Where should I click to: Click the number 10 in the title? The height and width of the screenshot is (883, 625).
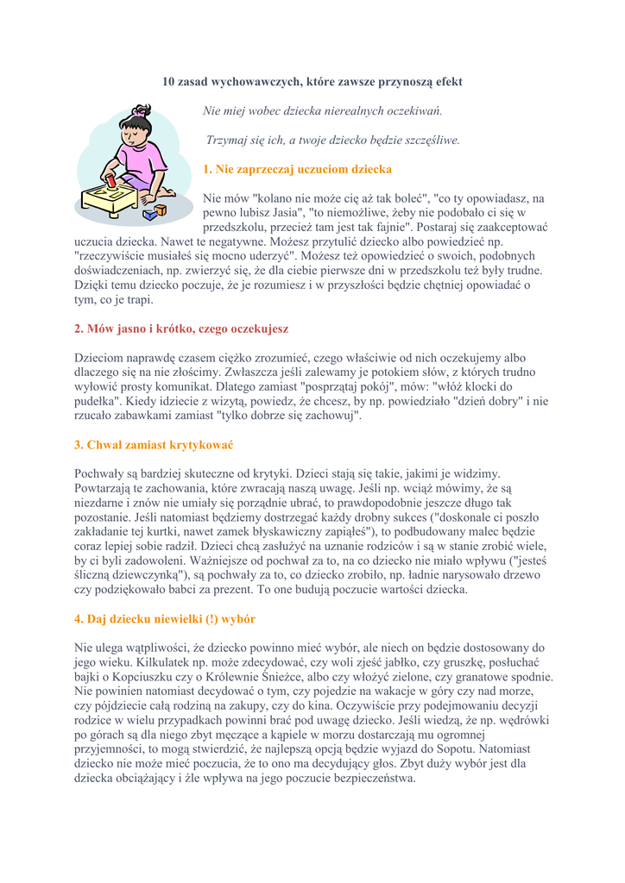(169, 82)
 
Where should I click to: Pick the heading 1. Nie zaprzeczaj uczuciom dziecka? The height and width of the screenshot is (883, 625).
(297, 169)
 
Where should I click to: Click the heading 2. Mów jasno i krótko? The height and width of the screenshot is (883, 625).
(181, 329)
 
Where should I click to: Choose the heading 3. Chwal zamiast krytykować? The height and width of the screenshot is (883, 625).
(155, 445)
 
